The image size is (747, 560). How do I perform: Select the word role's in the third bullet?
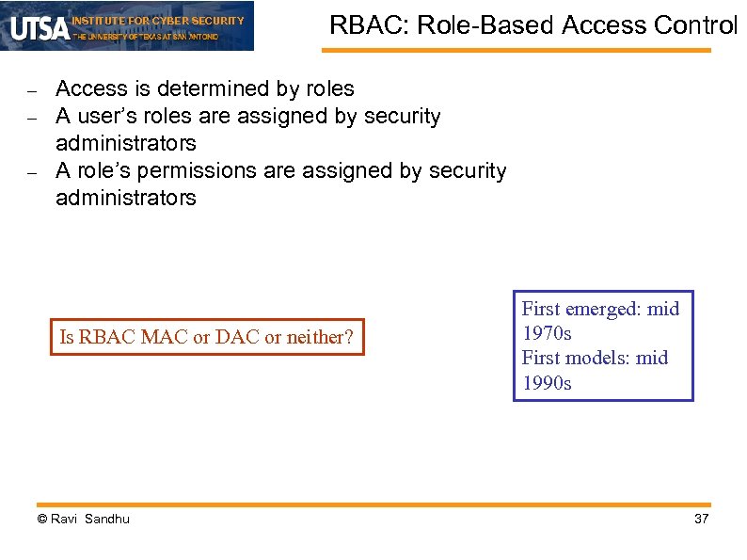100,171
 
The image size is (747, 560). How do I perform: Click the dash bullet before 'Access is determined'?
31,92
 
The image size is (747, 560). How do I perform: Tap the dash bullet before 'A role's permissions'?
31,174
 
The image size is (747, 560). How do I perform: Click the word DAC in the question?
237,338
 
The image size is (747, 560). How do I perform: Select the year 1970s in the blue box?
547,333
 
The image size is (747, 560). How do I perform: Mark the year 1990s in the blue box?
547,383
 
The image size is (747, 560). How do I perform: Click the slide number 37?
700,520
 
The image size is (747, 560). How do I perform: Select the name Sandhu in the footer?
107,520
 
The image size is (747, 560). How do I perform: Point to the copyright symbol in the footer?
41,520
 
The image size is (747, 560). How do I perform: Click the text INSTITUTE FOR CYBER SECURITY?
158,20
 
